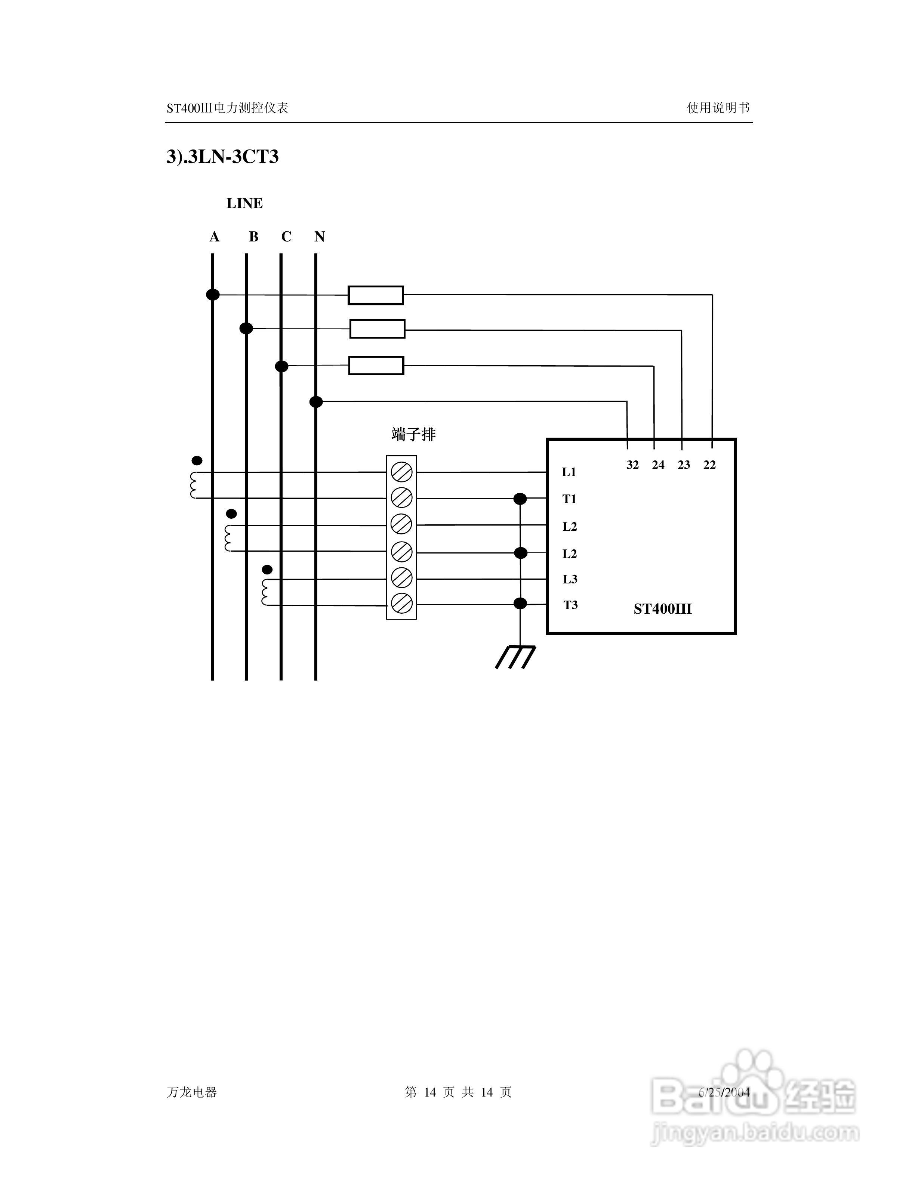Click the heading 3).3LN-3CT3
click(222, 157)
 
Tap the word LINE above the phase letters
click(244, 203)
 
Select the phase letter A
click(214, 237)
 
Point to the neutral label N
click(319, 237)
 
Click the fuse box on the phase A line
click(376, 296)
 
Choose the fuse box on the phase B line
click(377, 329)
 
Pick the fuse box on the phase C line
click(376, 366)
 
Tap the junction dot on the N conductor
click(316, 402)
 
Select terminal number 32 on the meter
click(632, 465)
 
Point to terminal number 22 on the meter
click(709, 465)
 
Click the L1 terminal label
click(569, 472)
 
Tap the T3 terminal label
click(570, 605)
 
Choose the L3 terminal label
click(570, 580)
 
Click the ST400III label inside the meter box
click(662, 609)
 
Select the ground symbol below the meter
click(515, 657)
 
